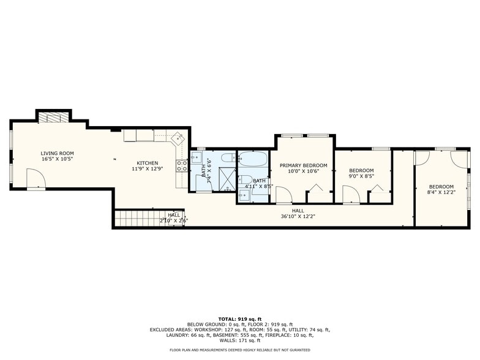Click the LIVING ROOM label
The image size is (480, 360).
[58, 153]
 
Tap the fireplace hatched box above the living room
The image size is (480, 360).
[54, 118]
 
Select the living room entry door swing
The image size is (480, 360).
[36, 179]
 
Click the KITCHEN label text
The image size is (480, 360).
[148, 163]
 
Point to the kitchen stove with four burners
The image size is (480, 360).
[182, 165]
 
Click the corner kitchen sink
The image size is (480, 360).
[178, 138]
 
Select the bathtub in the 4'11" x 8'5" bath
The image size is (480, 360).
[252, 161]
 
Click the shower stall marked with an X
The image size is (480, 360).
[227, 178]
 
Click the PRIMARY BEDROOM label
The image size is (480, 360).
[303, 165]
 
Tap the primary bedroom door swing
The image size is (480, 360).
[283, 196]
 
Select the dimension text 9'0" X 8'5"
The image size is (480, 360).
[361, 176]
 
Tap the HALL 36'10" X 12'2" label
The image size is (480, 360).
[298, 213]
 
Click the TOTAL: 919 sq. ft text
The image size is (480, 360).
[239, 318]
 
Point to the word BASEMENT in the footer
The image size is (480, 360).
[250, 335]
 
